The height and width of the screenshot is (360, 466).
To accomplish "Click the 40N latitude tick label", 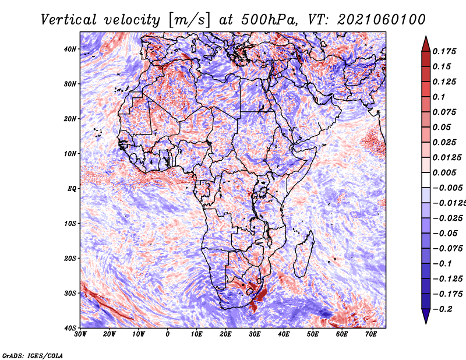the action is (70, 49).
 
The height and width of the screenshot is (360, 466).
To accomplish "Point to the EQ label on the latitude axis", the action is (72, 189).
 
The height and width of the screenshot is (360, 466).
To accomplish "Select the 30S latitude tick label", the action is (70, 293).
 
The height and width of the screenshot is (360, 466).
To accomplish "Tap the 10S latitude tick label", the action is (70, 223).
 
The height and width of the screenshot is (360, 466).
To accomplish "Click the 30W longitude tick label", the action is (80, 334).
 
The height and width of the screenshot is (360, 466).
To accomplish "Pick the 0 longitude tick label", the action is (168, 334).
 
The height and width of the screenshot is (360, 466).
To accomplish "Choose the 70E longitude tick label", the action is (371, 334).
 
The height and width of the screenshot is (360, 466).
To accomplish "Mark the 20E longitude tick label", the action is (225, 334).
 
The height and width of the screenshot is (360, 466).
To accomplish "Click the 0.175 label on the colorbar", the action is (444, 52).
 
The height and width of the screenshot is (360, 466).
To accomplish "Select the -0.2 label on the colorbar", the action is (443, 309).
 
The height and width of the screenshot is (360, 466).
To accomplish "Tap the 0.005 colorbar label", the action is (444, 172).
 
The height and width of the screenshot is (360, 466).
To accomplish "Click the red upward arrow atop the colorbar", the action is (426, 44).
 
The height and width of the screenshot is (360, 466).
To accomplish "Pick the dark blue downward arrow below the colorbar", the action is (426, 316).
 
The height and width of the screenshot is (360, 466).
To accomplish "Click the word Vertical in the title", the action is (68, 20).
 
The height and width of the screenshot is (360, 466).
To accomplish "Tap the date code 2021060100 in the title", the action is (382, 20).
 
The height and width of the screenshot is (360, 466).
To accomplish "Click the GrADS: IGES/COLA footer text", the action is (33, 356).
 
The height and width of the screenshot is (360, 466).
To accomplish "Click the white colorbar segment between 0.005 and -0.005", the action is (426, 180).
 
